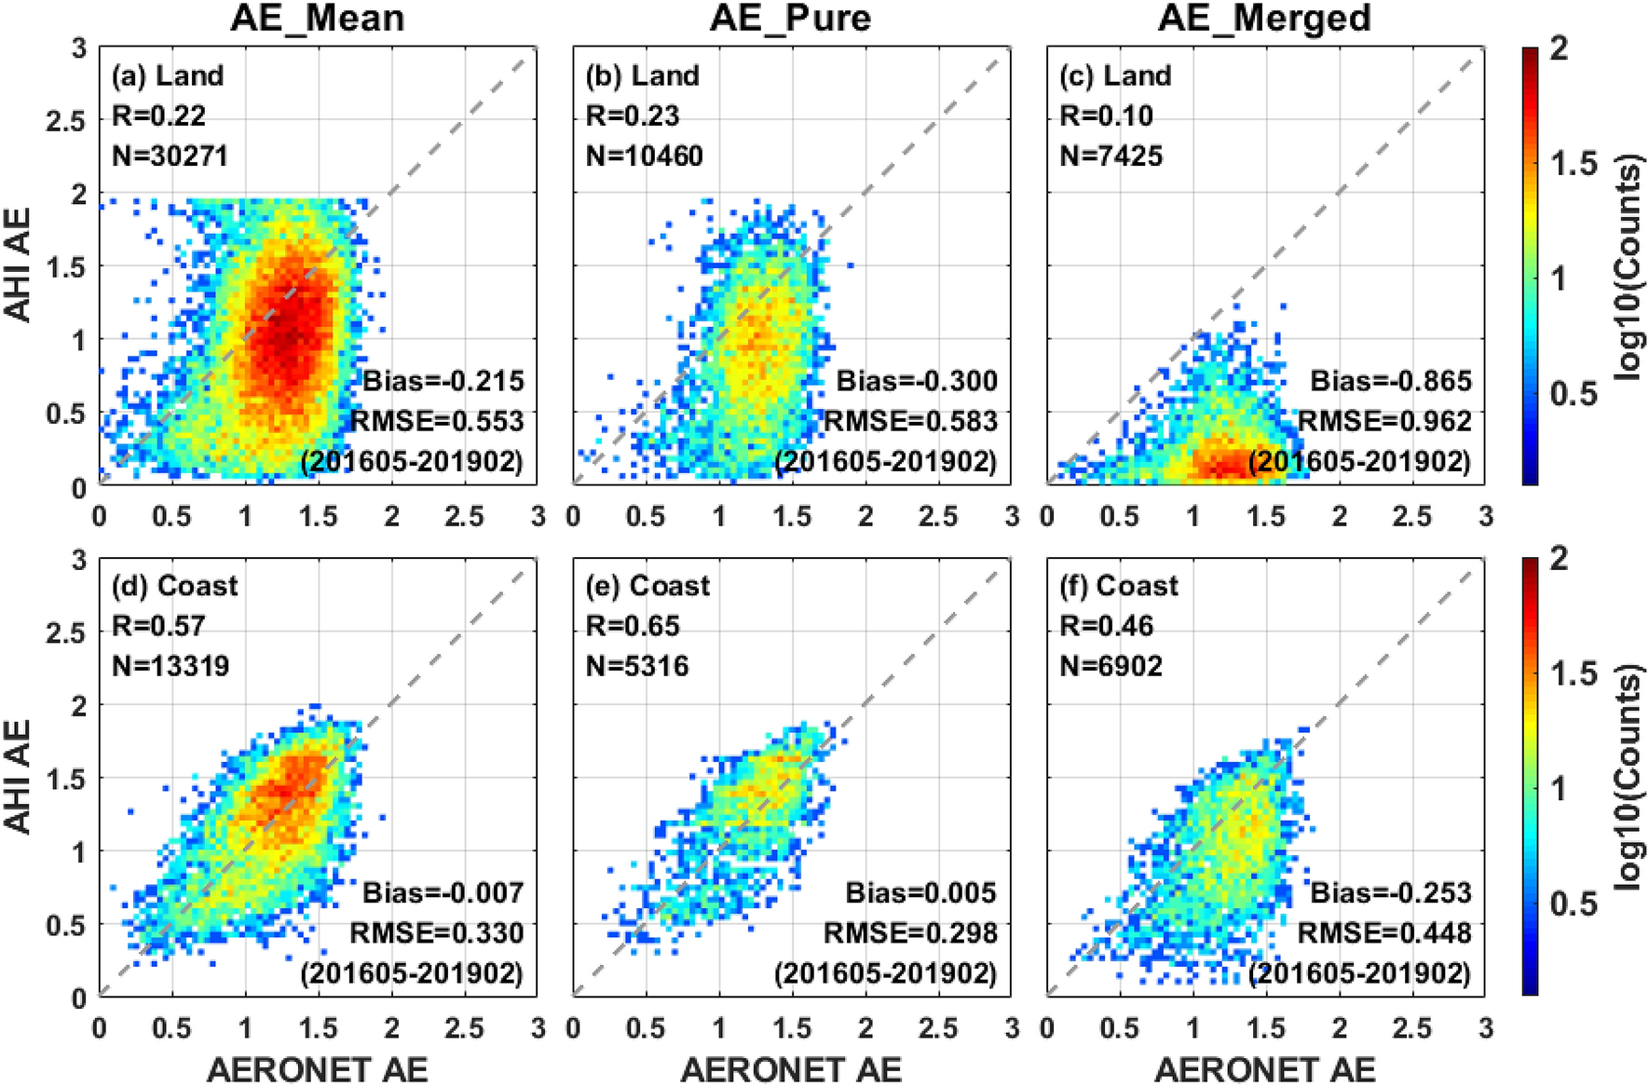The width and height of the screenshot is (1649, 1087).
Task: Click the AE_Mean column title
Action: click(x=318, y=18)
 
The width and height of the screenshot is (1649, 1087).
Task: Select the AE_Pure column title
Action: click(x=791, y=18)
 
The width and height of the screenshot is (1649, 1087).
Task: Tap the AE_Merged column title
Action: click(x=1264, y=18)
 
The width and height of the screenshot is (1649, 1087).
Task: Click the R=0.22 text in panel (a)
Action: click(x=158, y=115)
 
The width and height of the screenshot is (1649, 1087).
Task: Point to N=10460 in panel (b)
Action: click(x=644, y=156)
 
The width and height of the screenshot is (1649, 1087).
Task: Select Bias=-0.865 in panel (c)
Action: click(x=1391, y=381)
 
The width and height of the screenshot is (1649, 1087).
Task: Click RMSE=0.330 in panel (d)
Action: click(x=436, y=932)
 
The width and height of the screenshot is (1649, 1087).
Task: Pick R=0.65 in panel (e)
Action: click(x=633, y=626)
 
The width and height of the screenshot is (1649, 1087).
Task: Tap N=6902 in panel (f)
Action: click(x=1111, y=666)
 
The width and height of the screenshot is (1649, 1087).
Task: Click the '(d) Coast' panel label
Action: click(x=175, y=586)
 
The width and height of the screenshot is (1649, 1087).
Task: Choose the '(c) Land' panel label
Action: click(x=1115, y=75)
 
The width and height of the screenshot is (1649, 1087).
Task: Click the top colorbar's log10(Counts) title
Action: click(x=1628, y=269)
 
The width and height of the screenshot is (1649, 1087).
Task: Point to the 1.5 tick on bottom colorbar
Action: click(x=1574, y=673)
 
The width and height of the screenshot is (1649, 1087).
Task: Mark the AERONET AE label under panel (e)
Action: click(x=791, y=1069)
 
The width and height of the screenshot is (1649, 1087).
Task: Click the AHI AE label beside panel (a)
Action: click(x=19, y=265)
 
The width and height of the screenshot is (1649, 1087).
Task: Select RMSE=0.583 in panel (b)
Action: click(x=910, y=421)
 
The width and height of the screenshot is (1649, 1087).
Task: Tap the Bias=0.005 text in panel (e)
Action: click(x=920, y=892)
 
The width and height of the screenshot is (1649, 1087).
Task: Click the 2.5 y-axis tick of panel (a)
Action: click(x=65, y=121)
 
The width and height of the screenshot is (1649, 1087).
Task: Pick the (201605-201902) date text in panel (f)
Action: click(x=1358, y=973)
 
